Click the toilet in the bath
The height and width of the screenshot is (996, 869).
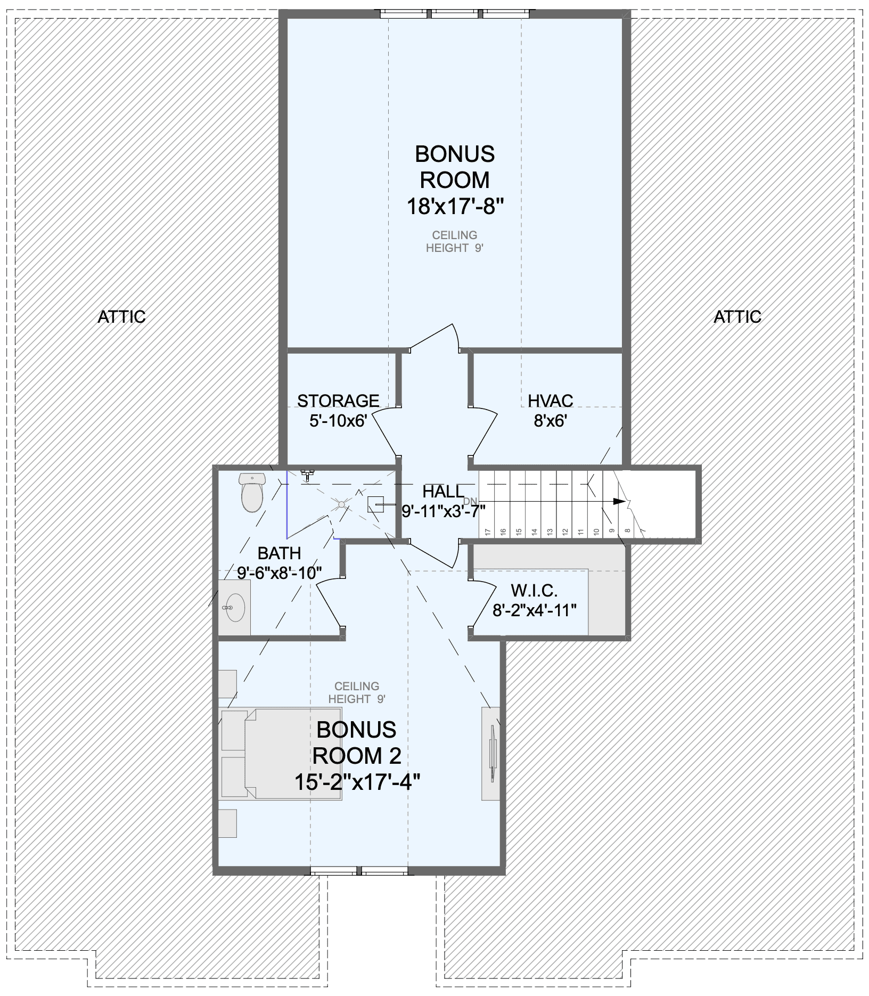[x=252, y=492]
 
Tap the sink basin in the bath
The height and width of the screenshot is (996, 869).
[x=234, y=607]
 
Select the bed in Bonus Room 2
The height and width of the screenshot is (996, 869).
[x=280, y=753]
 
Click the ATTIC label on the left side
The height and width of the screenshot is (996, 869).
[x=121, y=317]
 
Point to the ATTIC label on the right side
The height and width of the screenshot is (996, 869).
[x=737, y=317]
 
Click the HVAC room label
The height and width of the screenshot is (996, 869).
[x=550, y=401]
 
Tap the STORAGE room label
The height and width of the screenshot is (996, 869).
[x=338, y=401]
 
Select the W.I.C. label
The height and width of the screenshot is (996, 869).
[x=534, y=590]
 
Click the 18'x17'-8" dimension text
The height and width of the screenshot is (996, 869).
[x=455, y=206]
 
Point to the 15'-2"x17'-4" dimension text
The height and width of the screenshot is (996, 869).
[x=357, y=782]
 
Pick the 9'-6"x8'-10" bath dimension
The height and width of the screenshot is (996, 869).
[x=280, y=573]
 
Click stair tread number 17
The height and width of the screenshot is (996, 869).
[x=487, y=531]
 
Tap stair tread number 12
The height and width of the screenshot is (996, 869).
[x=565, y=531]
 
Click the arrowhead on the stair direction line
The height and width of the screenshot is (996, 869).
[x=619, y=501]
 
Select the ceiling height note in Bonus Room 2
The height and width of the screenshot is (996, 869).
[x=357, y=692]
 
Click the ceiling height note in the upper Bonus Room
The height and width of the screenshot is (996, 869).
[x=455, y=241]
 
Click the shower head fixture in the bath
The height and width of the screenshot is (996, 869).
[x=307, y=475]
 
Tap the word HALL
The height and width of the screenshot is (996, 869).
[x=443, y=492]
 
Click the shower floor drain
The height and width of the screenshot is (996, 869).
[x=342, y=503]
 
